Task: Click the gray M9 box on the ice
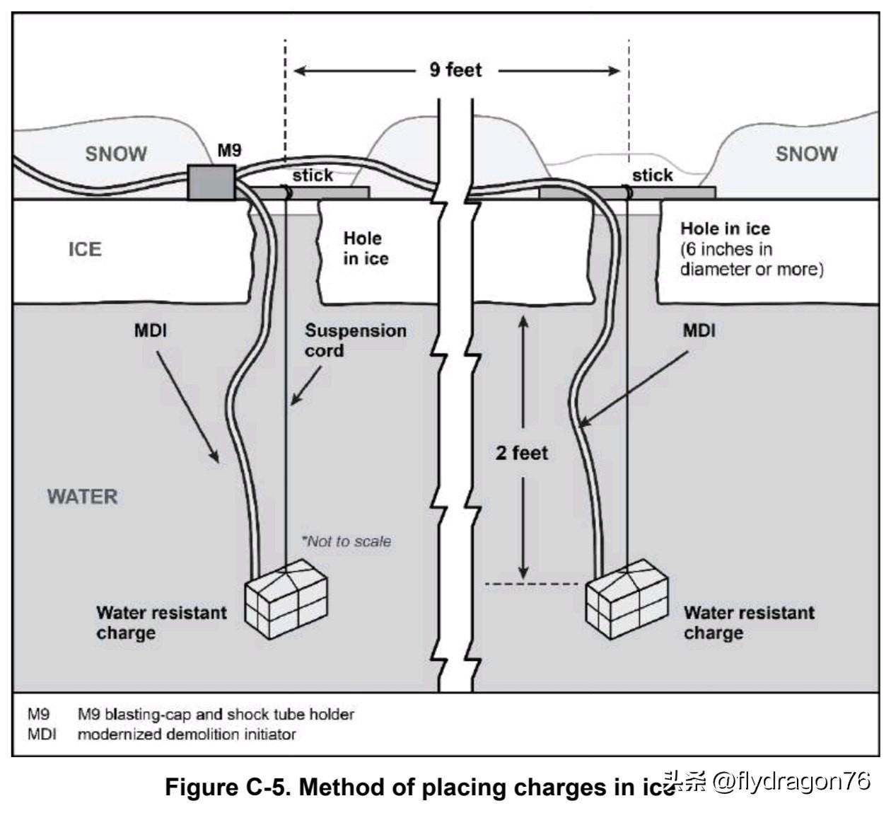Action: (211, 183)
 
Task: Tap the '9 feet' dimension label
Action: (455, 70)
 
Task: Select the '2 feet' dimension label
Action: (522, 453)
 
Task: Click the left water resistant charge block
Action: (286, 602)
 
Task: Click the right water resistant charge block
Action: (627, 599)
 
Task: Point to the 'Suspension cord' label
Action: (355, 340)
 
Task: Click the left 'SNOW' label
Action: (116, 154)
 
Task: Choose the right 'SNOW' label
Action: (806, 154)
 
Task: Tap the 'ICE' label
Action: (85, 249)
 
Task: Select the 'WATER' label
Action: (82, 496)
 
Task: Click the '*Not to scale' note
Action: (346, 541)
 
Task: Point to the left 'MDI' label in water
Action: (151, 330)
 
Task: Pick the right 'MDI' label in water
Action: (699, 330)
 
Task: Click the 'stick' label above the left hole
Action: (313, 175)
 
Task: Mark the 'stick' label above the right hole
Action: (652, 175)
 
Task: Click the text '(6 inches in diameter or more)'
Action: (751, 259)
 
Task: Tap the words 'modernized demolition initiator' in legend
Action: (187, 734)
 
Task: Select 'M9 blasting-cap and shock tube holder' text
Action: (216, 714)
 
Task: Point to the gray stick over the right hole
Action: (679, 192)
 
